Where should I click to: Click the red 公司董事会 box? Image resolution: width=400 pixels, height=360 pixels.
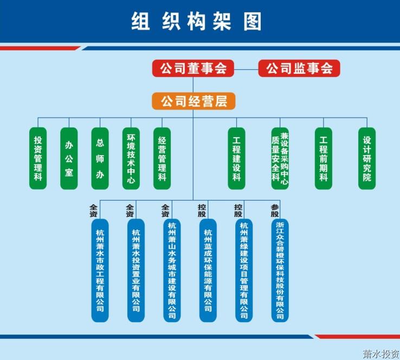(x=193, y=69)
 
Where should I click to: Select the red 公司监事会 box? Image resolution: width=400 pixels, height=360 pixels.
(x=299, y=69)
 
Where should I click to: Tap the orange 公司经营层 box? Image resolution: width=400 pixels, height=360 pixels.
(x=193, y=101)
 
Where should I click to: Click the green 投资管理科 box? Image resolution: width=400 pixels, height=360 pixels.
(x=38, y=158)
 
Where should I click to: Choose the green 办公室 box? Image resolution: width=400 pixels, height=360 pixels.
(x=69, y=158)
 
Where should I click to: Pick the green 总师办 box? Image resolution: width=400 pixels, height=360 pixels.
(x=100, y=158)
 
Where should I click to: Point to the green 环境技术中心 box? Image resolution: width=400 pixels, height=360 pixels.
(x=131, y=158)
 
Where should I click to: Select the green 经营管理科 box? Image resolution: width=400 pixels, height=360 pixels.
(x=162, y=158)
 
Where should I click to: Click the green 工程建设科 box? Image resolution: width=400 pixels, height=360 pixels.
(x=236, y=158)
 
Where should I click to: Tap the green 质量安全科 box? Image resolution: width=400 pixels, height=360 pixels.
(x=280, y=158)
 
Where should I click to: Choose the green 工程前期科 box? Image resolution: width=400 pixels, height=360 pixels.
(x=323, y=158)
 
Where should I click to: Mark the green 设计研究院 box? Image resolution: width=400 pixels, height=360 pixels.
(x=367, y=158)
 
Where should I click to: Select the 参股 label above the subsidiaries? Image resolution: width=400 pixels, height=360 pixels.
(x=275, y=210)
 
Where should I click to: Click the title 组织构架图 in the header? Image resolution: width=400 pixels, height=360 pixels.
(x=197, y=21)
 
